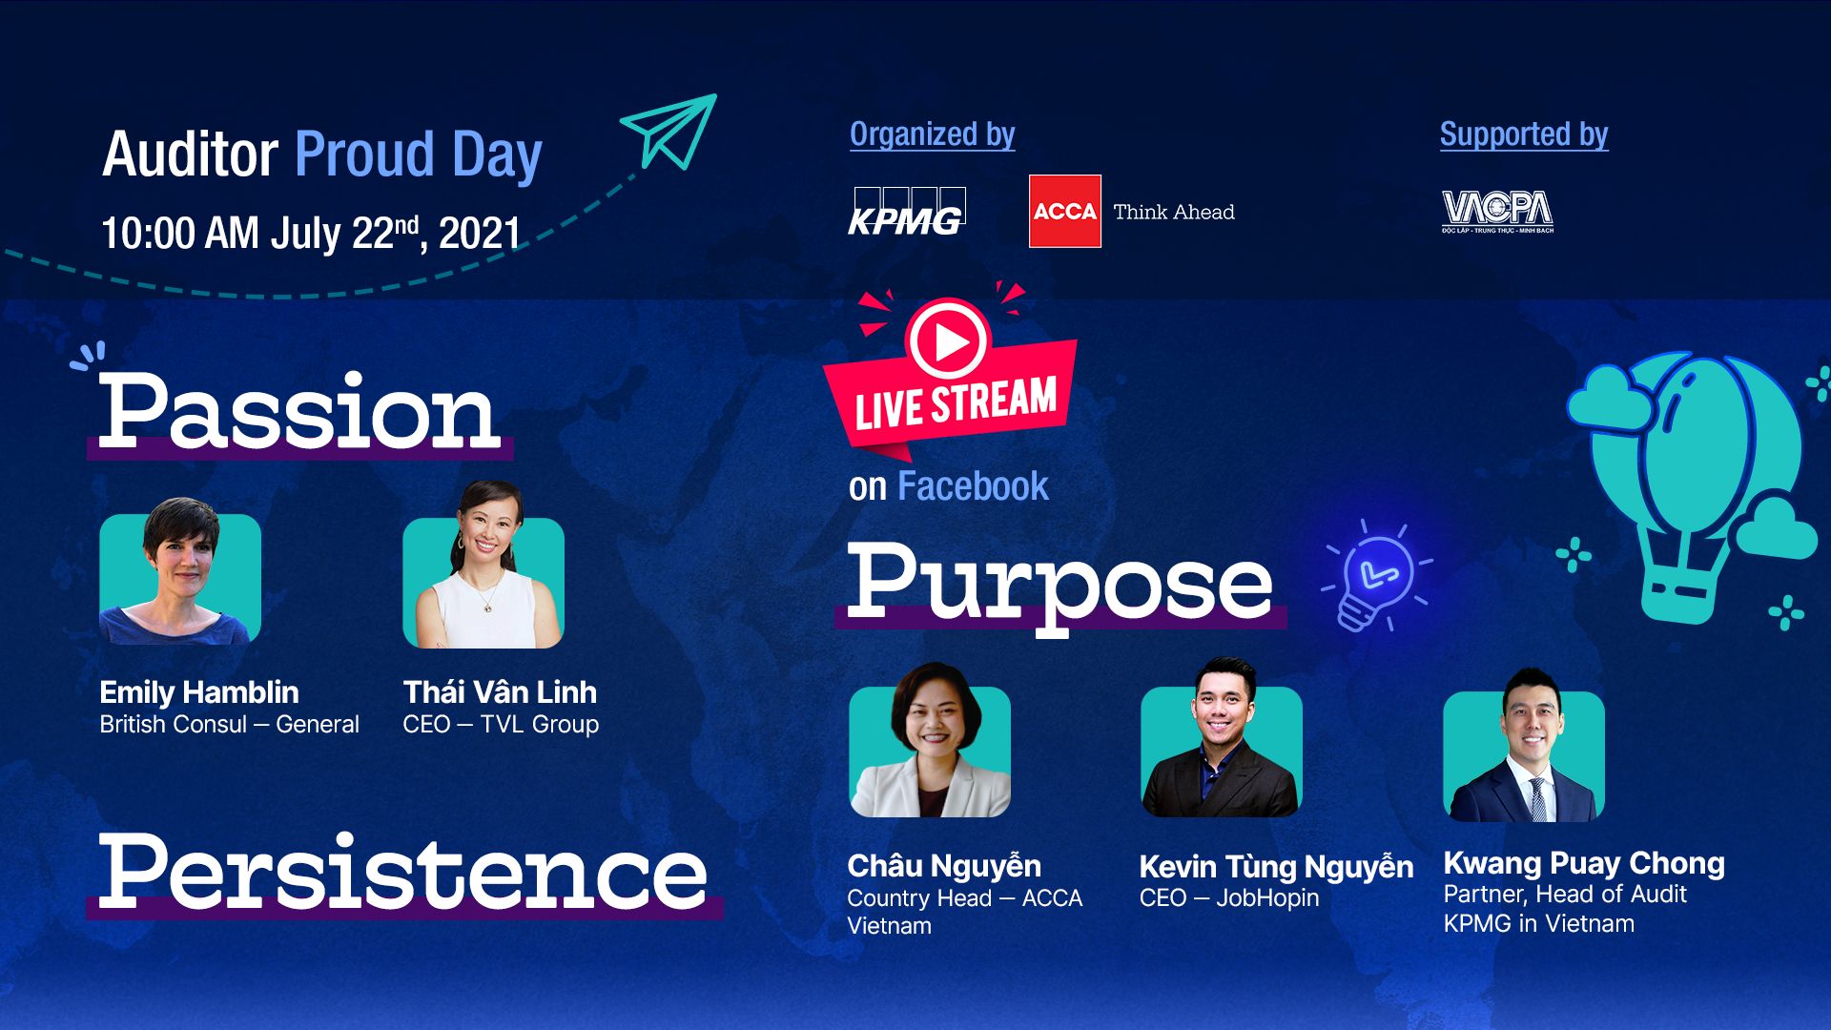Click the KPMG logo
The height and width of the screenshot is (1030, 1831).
(907, 212)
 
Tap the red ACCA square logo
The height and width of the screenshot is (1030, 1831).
(1064, 211)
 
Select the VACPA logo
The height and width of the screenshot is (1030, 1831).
(1497, 212)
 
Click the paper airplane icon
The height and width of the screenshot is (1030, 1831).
(669, 132)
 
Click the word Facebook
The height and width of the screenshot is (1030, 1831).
(973, 486)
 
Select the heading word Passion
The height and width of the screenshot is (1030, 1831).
(299, 412)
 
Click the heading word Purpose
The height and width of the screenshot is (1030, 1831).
(1060, 584)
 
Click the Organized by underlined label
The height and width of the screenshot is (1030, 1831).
(933, 134)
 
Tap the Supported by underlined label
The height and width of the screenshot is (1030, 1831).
(1524, 134)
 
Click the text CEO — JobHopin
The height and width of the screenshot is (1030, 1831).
(1229, 897)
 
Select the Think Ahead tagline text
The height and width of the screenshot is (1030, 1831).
(1174, 212)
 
